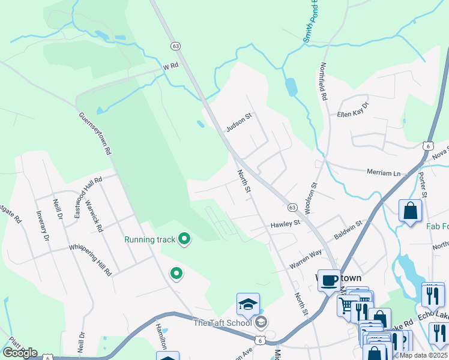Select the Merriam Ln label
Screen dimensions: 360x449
point(383,172)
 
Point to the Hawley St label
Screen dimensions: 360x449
point(285,223)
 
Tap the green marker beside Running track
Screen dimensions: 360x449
point(185,239)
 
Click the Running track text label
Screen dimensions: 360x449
point(150,239)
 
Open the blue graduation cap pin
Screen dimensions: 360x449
point(247,304)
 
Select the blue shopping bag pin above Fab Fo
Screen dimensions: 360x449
point(411,211)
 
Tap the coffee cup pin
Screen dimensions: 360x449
point(329,280)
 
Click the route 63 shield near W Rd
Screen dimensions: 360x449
point(175,46)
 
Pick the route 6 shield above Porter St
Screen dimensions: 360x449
point(427,146)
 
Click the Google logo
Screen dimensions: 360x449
point(20,353)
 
